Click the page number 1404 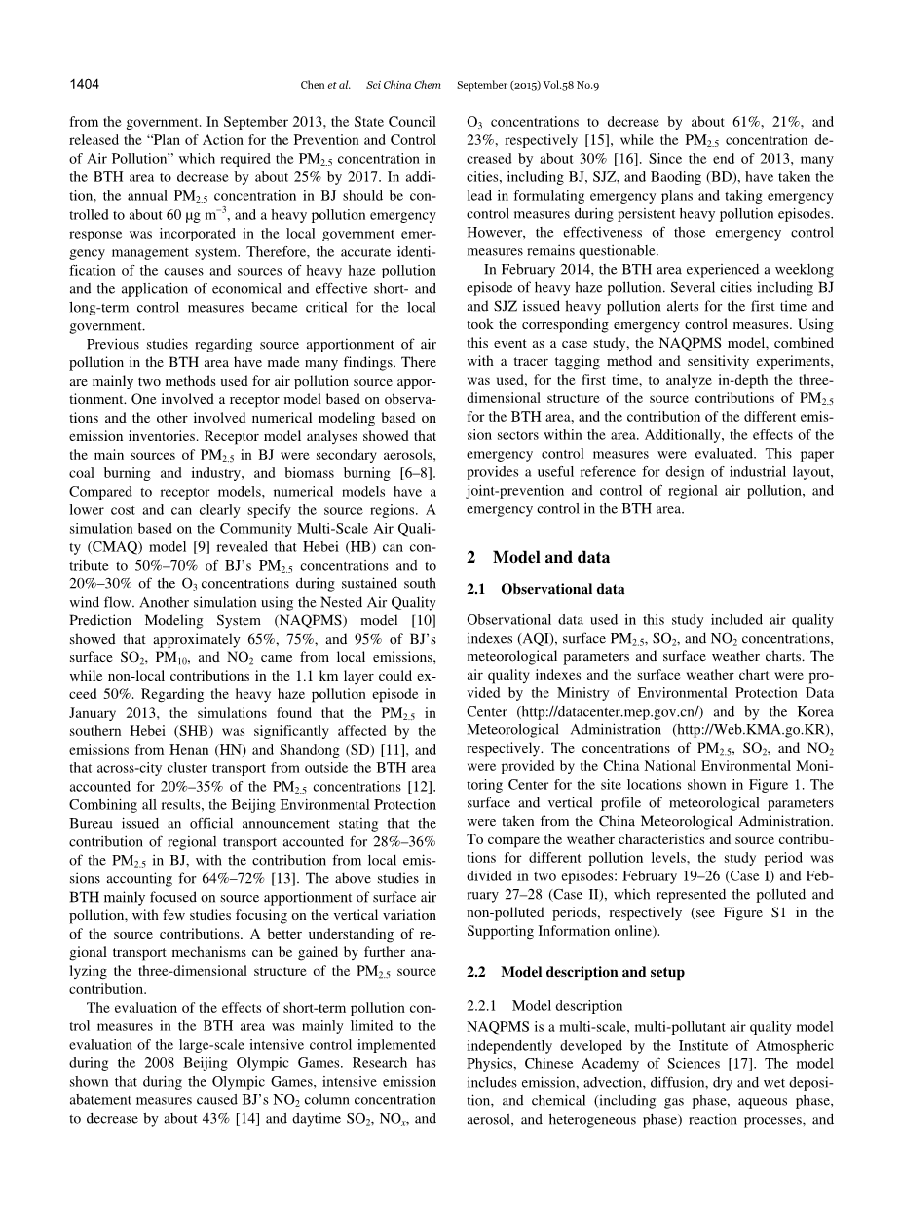85,85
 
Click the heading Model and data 551,558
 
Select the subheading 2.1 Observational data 545,589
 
